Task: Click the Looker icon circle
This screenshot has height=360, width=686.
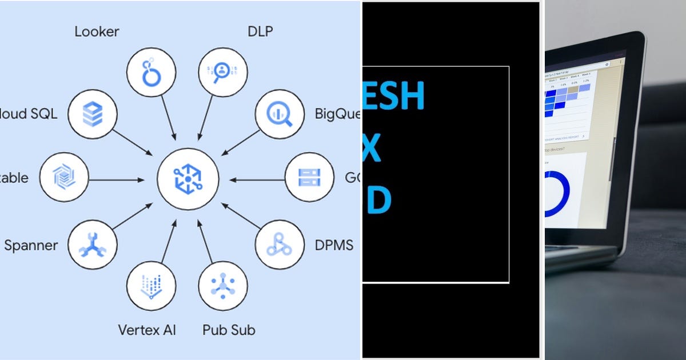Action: click(151, 71)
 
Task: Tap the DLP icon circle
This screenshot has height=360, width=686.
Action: click(222, 71)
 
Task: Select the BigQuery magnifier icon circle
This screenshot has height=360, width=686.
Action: click(280, 114)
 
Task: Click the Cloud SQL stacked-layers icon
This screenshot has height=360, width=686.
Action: click(92, 114)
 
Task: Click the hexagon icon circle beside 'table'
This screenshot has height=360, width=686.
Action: click(65, 177)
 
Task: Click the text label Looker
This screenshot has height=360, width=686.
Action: click(96, 31)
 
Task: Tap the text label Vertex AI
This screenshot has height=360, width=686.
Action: click(147, 330)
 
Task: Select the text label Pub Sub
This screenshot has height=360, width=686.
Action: click(229, 330)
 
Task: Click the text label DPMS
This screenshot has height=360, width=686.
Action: click(334, 246)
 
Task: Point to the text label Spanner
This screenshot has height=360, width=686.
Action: click(31, 246)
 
